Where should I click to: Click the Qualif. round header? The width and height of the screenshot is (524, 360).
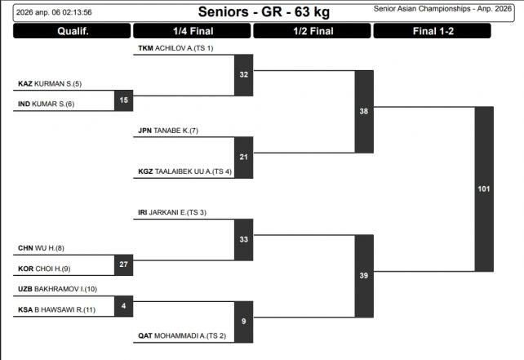click(72, 32)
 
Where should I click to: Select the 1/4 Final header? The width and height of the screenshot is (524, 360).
click(191, 32)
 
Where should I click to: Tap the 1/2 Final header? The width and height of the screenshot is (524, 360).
click(313, 32)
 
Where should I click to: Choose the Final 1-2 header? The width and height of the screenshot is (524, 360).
click(432, 32)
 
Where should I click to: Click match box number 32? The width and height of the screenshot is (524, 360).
click(244, 74)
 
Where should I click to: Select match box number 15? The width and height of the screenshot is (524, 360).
click(124, 100)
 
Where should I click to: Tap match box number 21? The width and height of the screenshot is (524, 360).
click(244, 156)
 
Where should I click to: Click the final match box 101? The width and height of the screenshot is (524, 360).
click(484, 189)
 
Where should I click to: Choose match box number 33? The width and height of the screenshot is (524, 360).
click(244, 240)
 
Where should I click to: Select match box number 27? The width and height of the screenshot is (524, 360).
click(124, 264)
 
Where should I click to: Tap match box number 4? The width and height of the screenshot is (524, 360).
click(124, 306)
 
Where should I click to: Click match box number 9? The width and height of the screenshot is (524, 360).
click(244, 322)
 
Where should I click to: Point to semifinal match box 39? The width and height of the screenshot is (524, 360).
click(364, 276)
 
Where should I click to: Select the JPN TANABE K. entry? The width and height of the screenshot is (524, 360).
click(168, 131)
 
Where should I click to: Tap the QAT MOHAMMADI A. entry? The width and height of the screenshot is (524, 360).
click(181, 336)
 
